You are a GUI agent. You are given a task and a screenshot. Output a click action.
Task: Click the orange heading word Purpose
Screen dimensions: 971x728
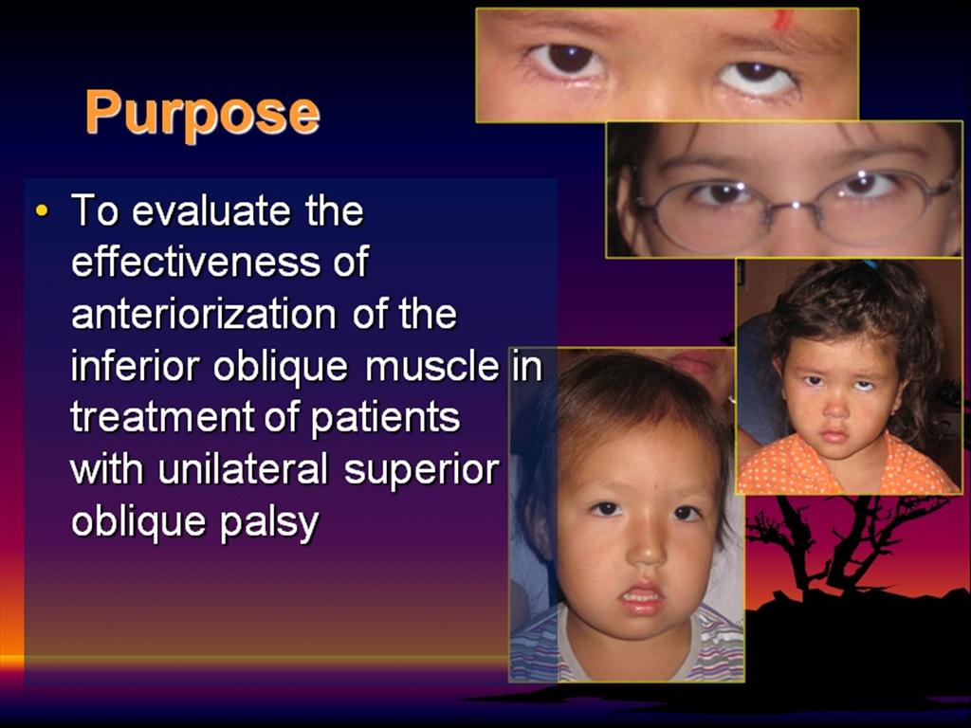[203, 114]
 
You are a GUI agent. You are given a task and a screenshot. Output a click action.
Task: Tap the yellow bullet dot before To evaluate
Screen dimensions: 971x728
[42, 210]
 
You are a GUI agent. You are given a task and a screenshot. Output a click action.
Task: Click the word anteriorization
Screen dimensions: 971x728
[204, 314]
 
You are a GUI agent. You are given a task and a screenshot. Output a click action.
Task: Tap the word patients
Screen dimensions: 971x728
[385, 418]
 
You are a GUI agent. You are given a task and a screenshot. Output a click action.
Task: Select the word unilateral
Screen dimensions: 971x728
[243, 469]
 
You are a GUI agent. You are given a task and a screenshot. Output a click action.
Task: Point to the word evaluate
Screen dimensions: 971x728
[211, 210]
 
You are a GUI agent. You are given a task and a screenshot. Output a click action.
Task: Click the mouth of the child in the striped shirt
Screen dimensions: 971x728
[642, 597]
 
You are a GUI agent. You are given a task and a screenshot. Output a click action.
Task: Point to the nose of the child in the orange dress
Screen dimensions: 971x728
[835, 406]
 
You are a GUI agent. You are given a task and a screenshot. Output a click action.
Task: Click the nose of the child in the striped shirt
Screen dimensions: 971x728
[648, 545]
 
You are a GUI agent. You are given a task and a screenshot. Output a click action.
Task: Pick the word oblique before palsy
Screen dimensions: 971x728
[139, 523]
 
